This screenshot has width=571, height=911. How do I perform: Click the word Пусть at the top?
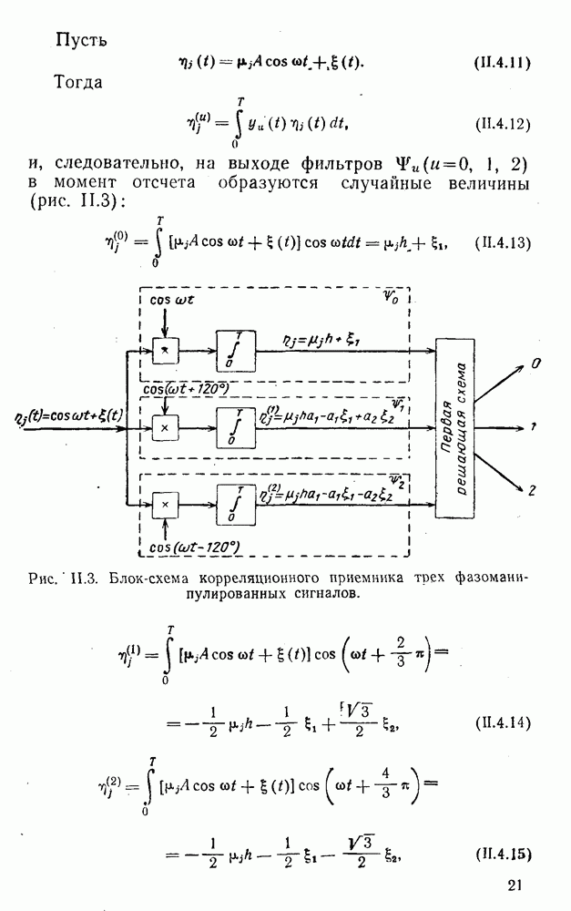click(82, 40)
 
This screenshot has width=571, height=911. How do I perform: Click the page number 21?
click(516, 885)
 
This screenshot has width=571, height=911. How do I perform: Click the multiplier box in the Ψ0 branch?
click(165, 350)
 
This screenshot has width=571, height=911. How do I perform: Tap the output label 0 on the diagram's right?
click(536, 363)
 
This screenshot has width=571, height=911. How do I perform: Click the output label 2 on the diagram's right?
click(532, 491)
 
